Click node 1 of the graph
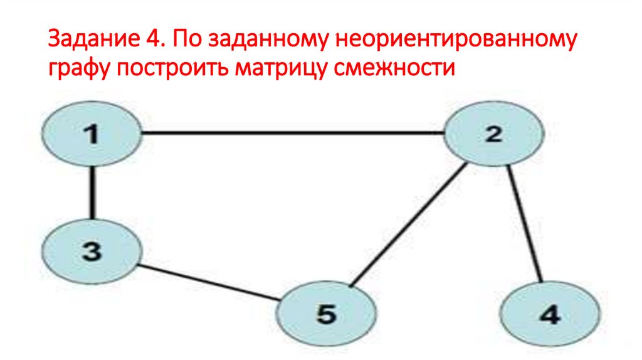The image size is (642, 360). point(92,134)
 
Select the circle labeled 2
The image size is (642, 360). point(494,134)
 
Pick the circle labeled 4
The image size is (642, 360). point(549,313)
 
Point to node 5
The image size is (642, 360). point(327,313)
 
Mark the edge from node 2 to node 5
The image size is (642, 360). point(408,225)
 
